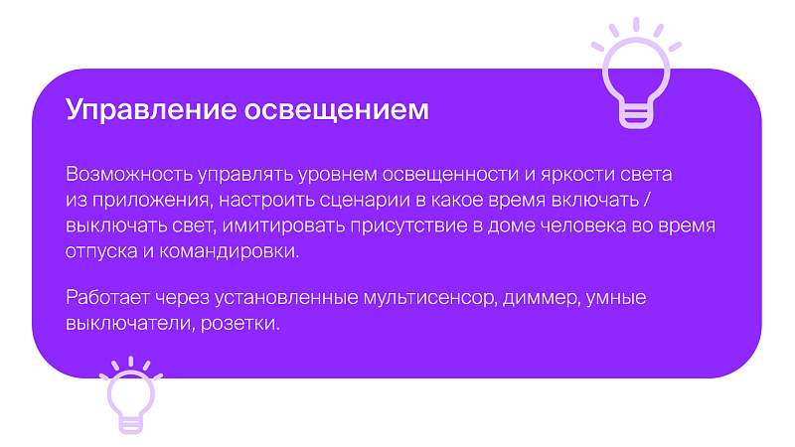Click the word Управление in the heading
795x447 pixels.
(x=151, y=110)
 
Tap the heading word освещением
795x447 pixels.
(x=337, y=109)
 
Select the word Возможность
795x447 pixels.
(x=129, y=174)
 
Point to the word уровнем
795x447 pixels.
(x=337, y=176)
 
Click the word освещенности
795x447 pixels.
(x=451, y=175)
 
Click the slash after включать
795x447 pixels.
(x=647, y=200)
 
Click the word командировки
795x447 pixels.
(x=230, y=252)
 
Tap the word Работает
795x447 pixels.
(x=108, y=297)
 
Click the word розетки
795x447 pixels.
(x=240, y=324)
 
